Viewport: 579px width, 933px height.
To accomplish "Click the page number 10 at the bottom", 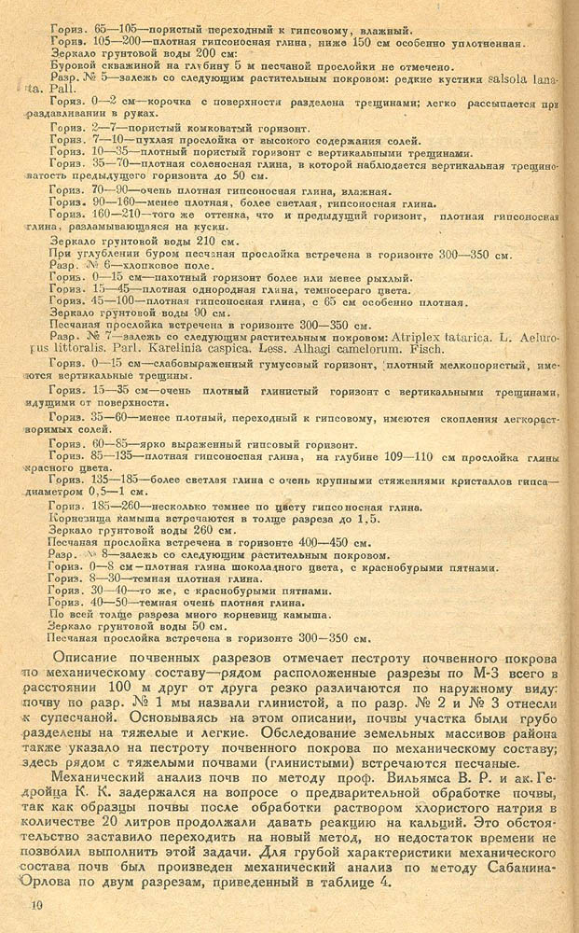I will (36, 904).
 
